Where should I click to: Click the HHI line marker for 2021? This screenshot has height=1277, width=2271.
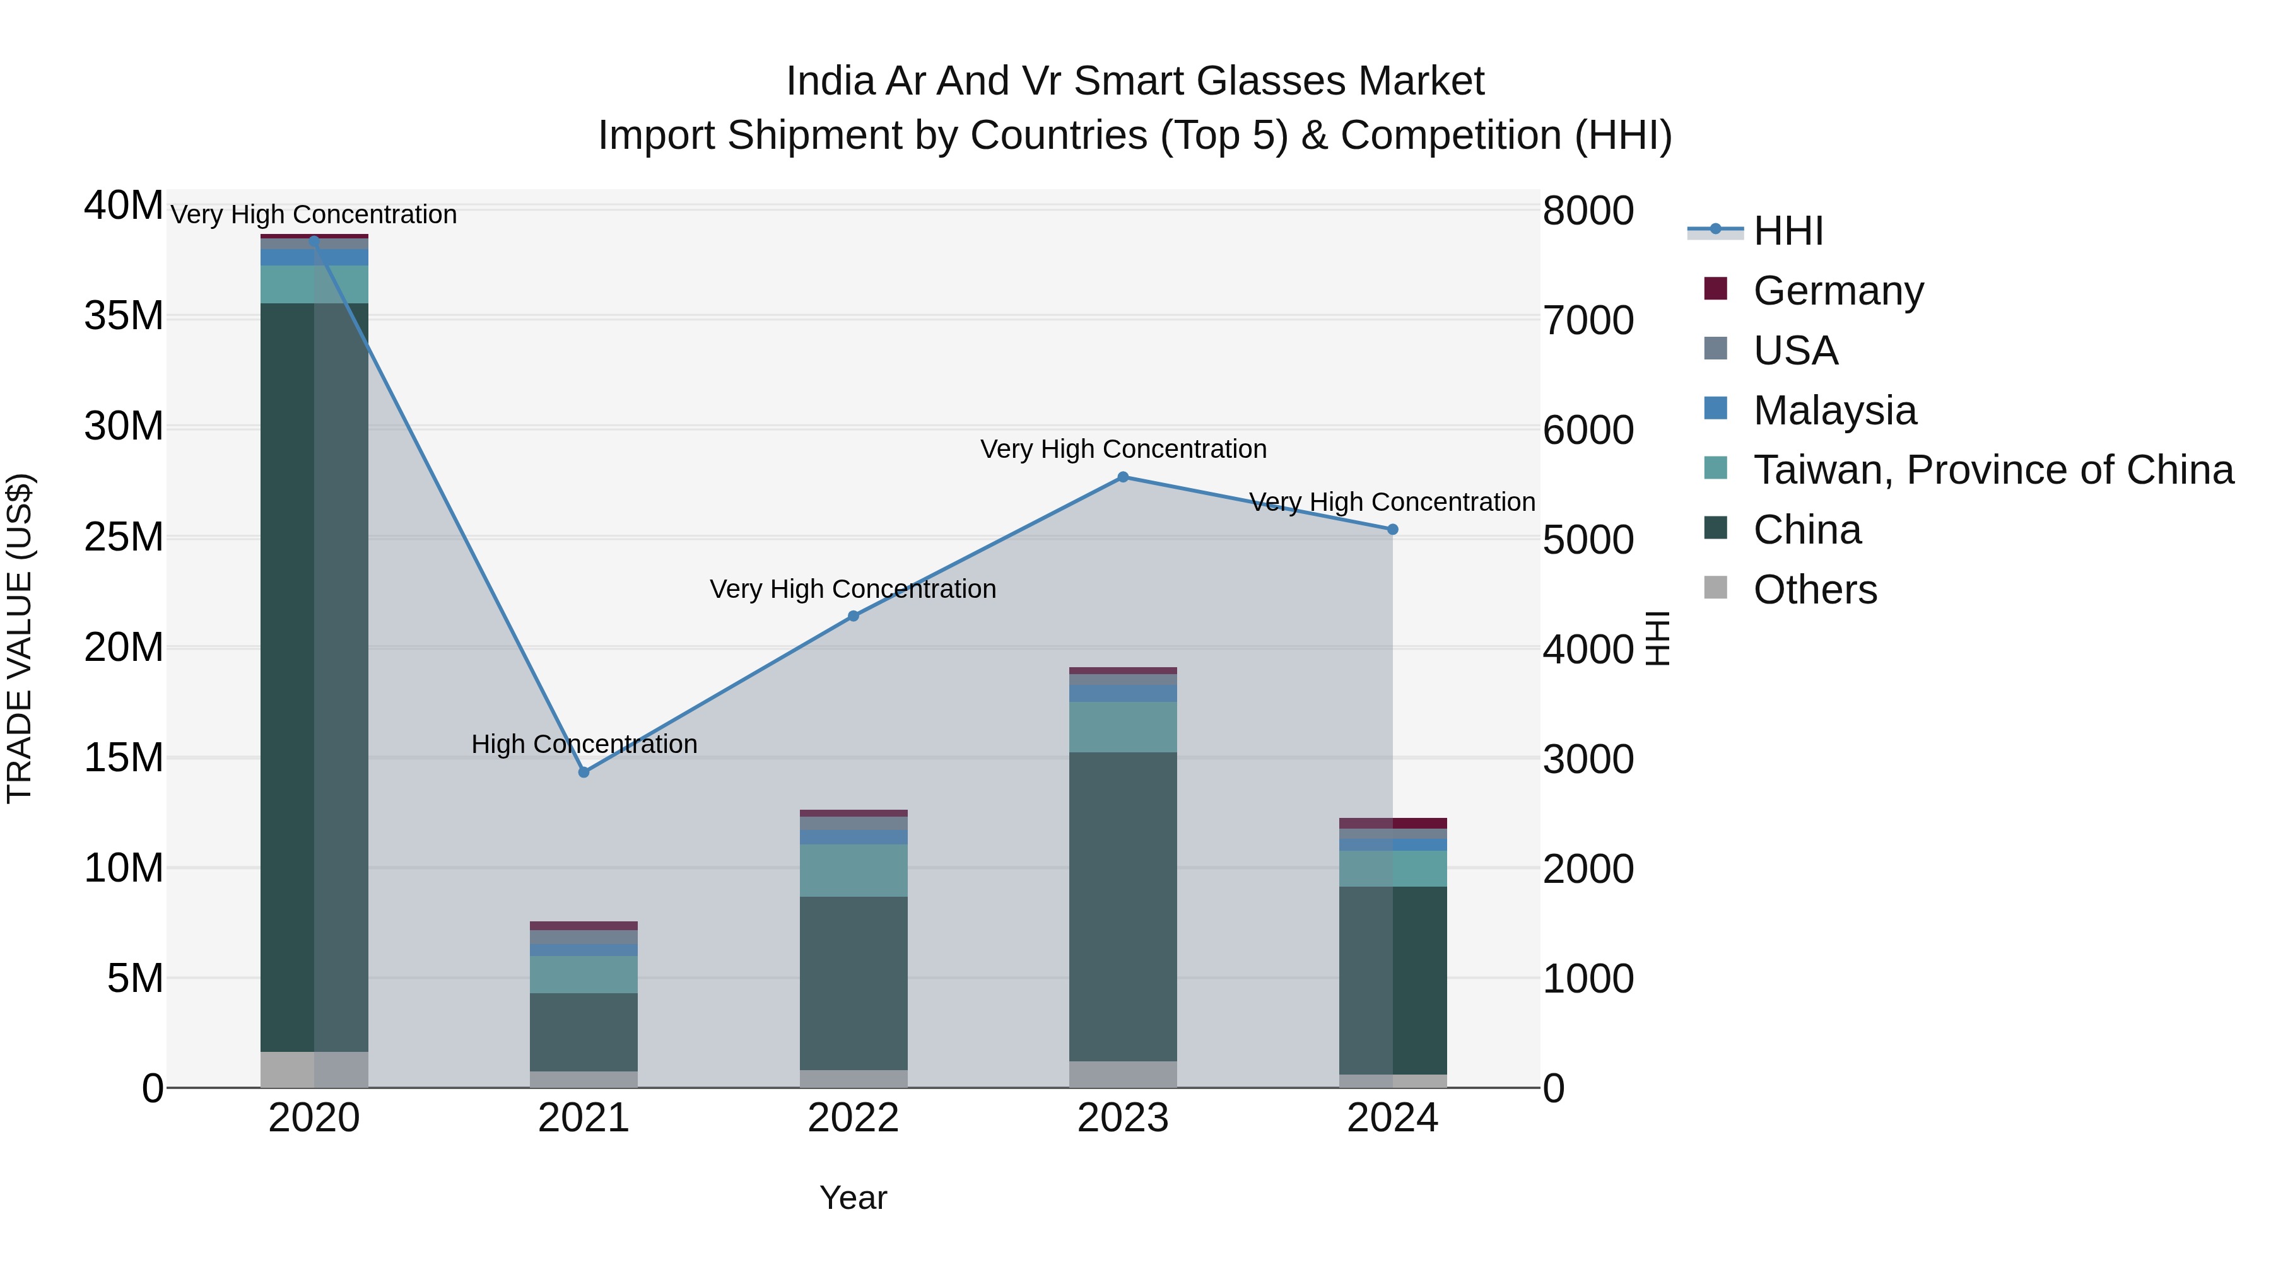click(584, 772)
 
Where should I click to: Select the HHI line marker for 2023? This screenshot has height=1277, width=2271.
click(1123, 477)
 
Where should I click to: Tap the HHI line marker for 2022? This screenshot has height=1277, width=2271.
click(854, 616)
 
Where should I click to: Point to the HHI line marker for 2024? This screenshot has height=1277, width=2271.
click(1393, 530)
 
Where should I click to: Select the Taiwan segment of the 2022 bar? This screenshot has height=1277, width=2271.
click(854, 871)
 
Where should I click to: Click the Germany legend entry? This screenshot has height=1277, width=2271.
click(1838, 291)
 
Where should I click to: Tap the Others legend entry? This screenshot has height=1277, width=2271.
click(1814, 590)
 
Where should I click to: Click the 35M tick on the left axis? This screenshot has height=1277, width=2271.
click(124, 315)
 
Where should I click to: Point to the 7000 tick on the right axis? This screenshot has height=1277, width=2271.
click(1588, 321)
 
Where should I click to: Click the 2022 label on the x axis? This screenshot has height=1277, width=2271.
click(854, 1118)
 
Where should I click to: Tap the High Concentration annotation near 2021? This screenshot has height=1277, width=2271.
click(584, 744)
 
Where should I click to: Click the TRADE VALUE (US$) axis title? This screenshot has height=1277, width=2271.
click(20, 638)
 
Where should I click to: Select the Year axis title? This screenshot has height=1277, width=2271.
click(854, 1198)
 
